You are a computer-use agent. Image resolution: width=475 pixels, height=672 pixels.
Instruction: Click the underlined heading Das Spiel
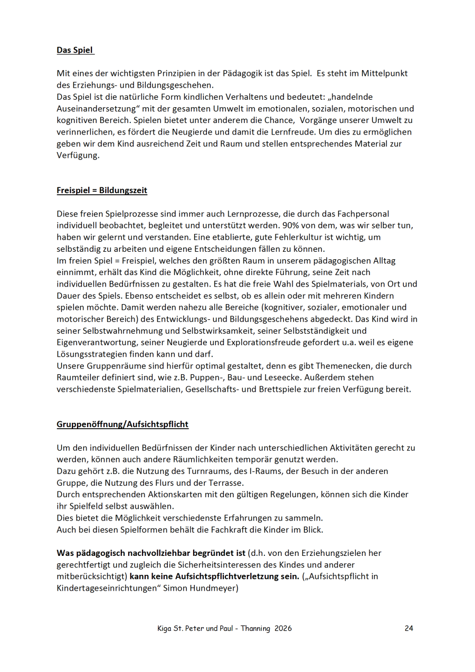(x=75, y=51)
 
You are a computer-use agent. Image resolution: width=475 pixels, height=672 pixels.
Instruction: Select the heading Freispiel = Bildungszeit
(x=102, y=191)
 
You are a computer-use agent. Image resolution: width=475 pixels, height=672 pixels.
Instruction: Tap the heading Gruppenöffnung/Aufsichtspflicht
(x=122, y=424)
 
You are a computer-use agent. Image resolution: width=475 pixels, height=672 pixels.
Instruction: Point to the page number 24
(x=409, y=628)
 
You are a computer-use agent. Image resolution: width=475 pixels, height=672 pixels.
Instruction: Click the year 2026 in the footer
(x=283, y=628)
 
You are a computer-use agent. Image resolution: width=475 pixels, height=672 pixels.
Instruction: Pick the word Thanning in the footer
(x=255, y=628)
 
